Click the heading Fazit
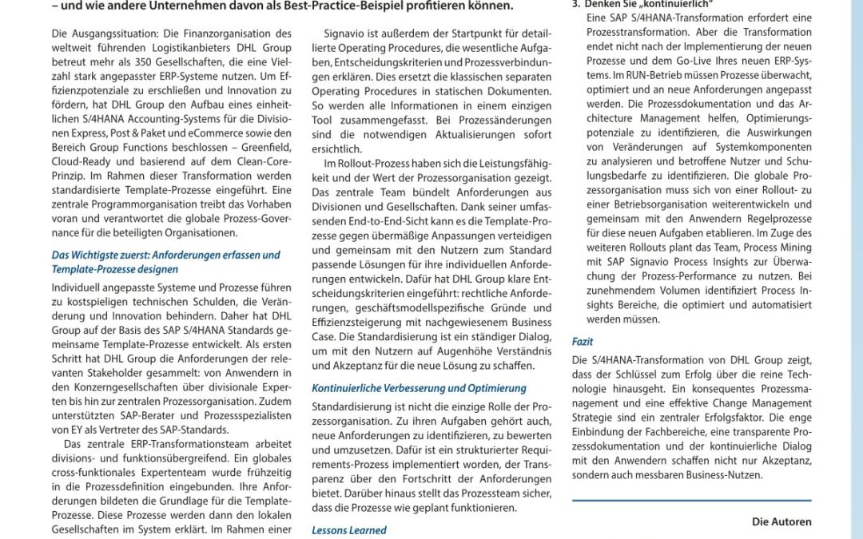(583, 342)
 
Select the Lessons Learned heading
(349, 530)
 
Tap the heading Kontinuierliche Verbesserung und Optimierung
(419, 388)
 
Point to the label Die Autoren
(781, 522)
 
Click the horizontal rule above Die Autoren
(692, 501)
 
